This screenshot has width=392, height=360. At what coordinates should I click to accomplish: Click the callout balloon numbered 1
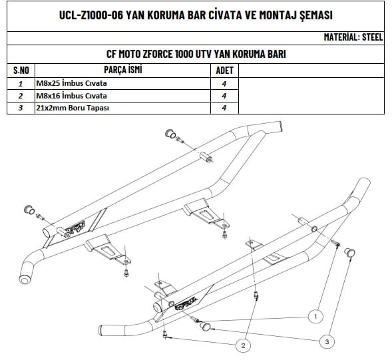315,317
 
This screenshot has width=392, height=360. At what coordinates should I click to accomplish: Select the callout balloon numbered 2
243,346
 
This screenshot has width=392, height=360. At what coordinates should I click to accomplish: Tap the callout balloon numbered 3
327,341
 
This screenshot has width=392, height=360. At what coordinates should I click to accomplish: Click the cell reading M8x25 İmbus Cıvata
71,83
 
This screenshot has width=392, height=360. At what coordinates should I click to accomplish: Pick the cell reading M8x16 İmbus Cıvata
71,96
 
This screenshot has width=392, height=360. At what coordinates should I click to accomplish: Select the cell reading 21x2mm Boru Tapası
73,108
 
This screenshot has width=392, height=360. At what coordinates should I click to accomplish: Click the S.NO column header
21,71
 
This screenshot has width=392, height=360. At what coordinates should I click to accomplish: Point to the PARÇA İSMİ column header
123,70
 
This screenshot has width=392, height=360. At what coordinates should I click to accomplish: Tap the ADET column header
224,71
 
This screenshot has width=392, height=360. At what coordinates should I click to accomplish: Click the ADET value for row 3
224,108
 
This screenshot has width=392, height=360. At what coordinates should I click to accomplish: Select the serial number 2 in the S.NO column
21,96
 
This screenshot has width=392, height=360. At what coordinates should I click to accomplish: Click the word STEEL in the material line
372,37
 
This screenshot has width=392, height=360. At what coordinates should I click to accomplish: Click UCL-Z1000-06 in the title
91,15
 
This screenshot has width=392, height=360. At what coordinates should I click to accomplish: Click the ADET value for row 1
224,83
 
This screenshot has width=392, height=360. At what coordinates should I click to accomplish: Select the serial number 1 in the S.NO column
21,83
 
